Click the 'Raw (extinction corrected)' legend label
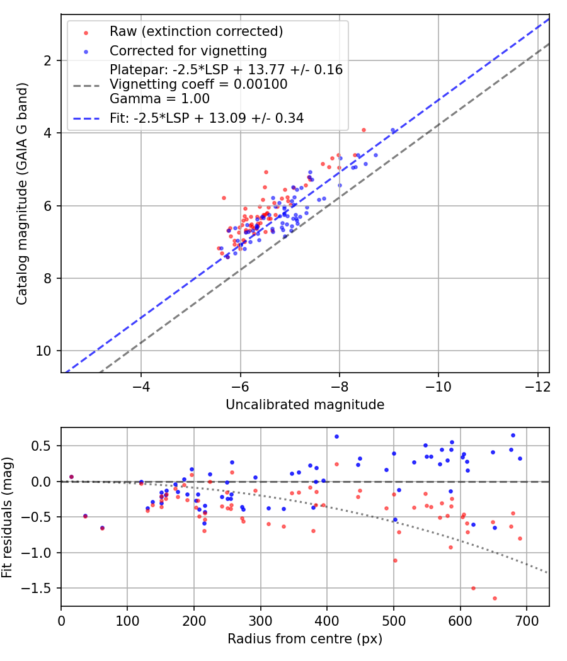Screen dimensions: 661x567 [196, 31]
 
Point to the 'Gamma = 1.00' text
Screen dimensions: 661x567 [159, 99]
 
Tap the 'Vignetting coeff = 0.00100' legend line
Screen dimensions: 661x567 [198, 84]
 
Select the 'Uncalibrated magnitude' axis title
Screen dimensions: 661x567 [305, 405]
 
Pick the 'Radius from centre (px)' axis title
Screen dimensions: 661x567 [305, 639]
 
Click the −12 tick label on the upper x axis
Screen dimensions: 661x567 [537, 384]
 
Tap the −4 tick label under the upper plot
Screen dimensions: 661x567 [140, 384]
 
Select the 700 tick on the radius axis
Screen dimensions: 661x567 [527, 619]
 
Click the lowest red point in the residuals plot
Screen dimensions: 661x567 [495, 598]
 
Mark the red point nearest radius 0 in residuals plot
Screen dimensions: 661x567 [72, 477]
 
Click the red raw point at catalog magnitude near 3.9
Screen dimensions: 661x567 [364, 130]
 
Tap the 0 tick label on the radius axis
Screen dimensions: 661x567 [61, 619]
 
